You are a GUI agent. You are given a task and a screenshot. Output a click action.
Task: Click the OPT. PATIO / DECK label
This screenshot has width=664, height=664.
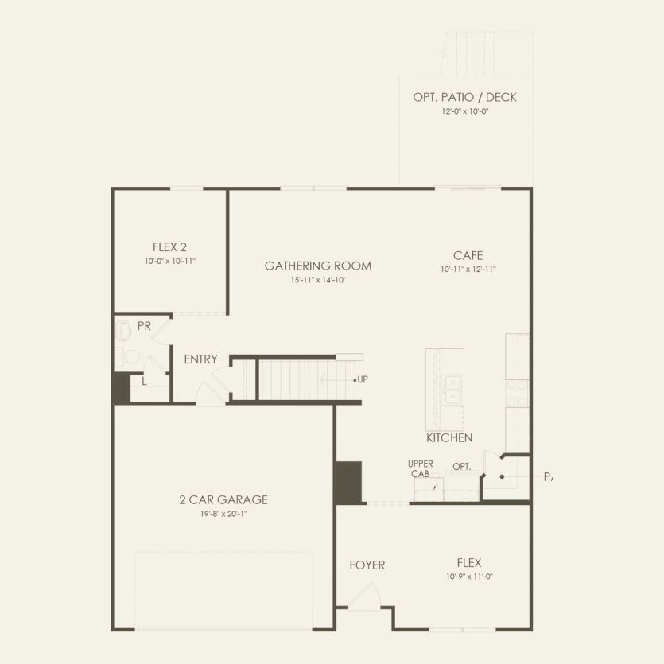click(x=464, y=97)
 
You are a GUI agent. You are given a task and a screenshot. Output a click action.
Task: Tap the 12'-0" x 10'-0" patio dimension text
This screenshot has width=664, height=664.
click(x=464, y=112)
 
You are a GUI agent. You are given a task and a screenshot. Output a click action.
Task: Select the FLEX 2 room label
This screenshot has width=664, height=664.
click(x=169, y=247)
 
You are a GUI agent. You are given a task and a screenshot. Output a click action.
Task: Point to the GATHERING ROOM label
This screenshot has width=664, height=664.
click(x=318, y=266)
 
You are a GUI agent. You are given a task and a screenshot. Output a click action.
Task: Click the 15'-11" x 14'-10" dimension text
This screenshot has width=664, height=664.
click(x=318, y=280)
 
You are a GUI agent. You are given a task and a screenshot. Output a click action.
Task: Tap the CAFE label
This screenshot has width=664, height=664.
click(x=468, y=255)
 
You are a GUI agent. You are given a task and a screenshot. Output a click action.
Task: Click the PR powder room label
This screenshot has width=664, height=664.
click(x=144, y=326)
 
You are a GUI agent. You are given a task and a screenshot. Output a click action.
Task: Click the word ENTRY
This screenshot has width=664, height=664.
click(x=200, y=359)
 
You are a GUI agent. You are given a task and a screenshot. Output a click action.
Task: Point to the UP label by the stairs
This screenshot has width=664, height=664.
click(x=362, y=379)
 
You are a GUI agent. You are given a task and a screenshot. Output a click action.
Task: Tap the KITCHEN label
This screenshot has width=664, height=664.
click(x=449, y=437)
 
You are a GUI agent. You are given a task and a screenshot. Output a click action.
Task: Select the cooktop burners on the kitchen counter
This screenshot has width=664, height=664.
click(x=517, y=390)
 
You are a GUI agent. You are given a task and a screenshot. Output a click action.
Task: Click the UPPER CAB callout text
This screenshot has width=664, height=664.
click(x=420, y=468)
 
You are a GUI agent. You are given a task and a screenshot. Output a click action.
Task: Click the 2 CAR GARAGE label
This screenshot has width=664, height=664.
click(x=223, y=499)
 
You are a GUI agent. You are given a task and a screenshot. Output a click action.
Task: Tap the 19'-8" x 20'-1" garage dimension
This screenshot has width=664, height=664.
click(x=223, y=514)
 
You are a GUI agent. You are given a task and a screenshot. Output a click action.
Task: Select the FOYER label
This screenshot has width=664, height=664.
click(x=367, y=565)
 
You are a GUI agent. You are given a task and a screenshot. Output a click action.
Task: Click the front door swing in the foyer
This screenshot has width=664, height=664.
click(x=365, y=596)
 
